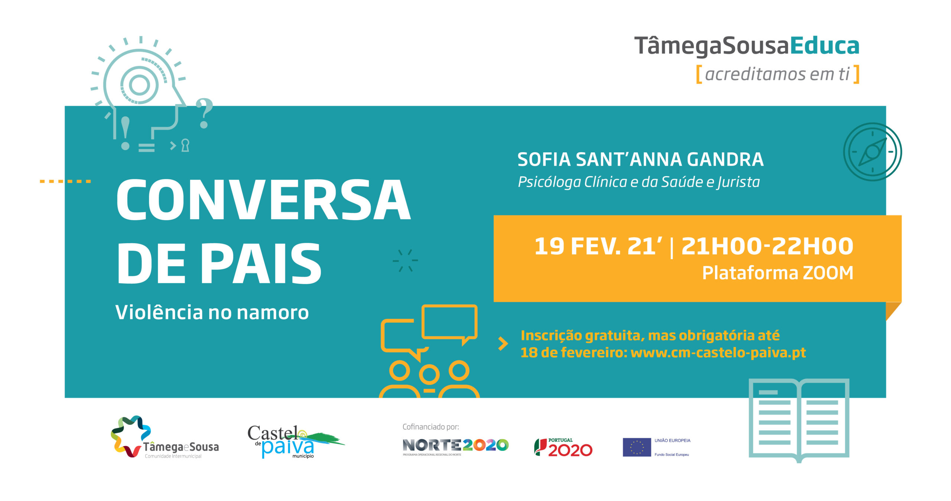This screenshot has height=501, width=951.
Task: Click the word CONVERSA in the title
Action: click(264, 199)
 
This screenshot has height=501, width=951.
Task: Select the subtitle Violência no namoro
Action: click(212, 312)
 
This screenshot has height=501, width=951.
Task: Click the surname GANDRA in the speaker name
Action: click(725, 159)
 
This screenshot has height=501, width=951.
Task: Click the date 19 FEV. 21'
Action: click(598, 246)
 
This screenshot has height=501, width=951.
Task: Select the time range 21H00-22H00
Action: click(767, 246)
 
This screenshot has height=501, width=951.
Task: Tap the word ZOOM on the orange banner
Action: click(828, 273)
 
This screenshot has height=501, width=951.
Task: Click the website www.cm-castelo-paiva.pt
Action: click(718, 352)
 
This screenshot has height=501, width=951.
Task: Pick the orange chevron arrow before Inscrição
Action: click(503, 344)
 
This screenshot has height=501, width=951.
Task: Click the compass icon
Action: click(872, 152)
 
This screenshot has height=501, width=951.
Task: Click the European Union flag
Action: click(637, 447)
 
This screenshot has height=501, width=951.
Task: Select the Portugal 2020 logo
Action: click(563, 448)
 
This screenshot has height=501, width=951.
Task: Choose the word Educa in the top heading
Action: click(825, 46)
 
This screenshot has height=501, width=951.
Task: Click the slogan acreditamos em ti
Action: click(777, 74)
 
